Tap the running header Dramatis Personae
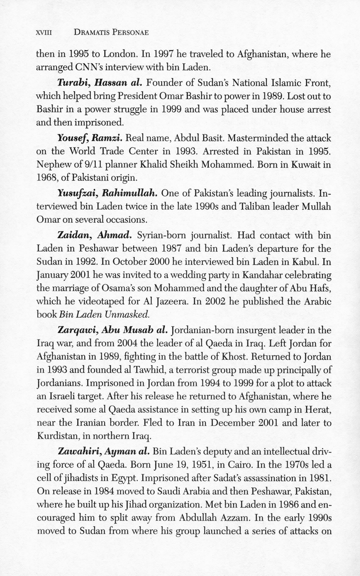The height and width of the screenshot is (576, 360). [111, 33]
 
